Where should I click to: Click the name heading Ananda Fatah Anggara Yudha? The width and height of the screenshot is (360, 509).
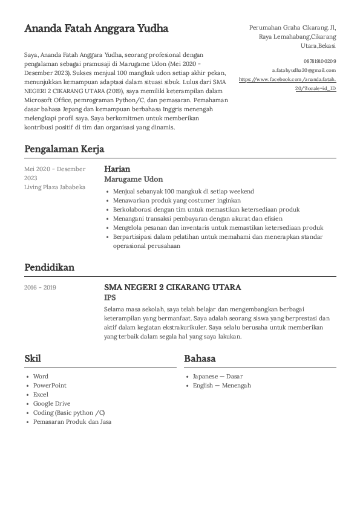point(96,28)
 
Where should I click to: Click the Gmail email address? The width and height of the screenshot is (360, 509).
point(304,70)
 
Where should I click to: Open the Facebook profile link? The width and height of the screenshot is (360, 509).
point(287,83)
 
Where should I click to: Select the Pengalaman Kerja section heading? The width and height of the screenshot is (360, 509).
point(64,149)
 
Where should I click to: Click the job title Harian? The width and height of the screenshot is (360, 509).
point(117,169)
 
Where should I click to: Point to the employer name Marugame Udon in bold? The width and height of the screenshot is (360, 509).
point(133,180)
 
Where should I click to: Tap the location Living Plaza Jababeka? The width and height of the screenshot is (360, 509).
point(54,187)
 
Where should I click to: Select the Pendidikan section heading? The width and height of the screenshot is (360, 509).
point(49,267)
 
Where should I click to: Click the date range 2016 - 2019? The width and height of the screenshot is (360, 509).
point(40,287)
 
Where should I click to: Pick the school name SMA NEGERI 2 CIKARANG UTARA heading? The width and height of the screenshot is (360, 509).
point(172,287)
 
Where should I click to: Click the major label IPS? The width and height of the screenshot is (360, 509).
point(110,297)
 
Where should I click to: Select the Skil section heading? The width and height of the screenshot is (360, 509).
point(33,358)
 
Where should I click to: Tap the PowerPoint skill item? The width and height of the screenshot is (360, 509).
point(50,386)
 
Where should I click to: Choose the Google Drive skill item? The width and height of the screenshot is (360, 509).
point(51,404)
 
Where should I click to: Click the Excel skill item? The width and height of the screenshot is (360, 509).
point(41,395)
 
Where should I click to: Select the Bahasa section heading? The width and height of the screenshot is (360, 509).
point(200,358)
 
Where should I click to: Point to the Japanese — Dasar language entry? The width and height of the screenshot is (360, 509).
point(218,376)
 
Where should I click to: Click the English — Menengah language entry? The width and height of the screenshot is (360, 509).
point(221,386)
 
